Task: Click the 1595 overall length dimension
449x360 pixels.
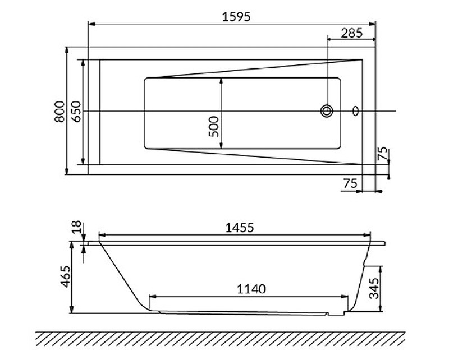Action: [236, 17]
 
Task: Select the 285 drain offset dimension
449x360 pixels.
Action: [352, 33]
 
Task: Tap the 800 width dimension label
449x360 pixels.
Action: [60, 112]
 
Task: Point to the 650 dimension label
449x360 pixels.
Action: [76, 112]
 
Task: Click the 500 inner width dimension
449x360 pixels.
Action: [214, 127]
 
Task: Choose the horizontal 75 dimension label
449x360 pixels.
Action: [350, 183]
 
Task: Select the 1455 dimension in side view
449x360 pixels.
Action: [240, 228]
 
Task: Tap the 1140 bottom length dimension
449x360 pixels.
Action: [251, 289]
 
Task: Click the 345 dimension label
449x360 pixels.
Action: [374, 288]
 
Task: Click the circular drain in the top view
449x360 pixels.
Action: [327, 110]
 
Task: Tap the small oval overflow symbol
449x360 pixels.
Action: [355, 110]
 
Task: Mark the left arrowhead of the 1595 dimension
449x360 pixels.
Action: [92, 24]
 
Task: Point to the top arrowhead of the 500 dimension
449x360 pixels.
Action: [221, 82]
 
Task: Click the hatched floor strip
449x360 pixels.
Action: [221, 339]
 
